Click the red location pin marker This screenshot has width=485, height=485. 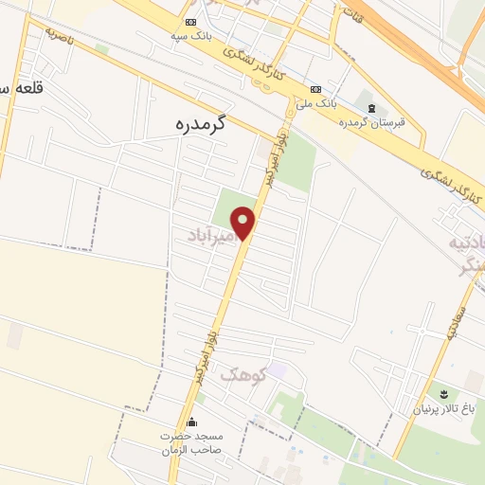pyautogui.click(x=244, y=223)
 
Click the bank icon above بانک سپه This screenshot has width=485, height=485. pyautogui.click(x=191, y=22)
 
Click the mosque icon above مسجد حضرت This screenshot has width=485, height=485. pyautogui.click(x=192, y=422)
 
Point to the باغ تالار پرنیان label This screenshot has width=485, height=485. pyautogui.click(x=440, y=409)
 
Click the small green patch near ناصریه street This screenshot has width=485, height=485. pyautogui.click(x=101, y=49)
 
